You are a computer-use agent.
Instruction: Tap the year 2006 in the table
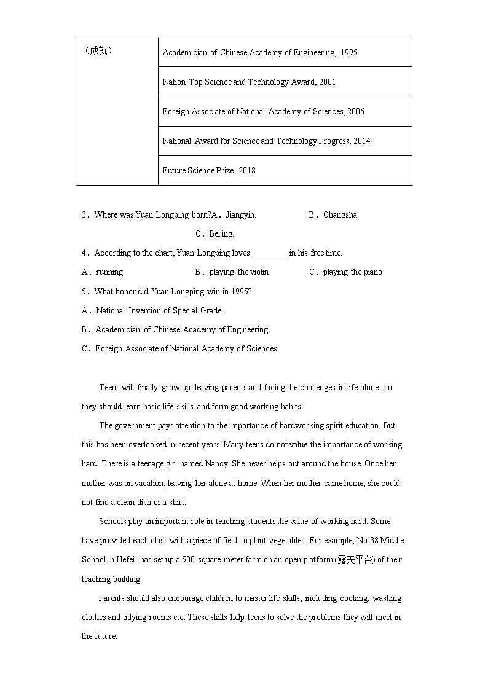click(355, 112)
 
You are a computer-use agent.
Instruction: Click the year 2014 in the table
click(362, 141)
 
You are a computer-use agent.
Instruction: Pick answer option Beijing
click(221, 234)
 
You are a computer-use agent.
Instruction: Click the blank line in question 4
click(270, 253)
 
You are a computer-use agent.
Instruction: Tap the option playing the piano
click(352, 272)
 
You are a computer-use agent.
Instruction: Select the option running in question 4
click(109, 272)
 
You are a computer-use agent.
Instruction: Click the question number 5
click(84, 292)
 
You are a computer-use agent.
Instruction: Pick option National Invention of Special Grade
click(159, 311)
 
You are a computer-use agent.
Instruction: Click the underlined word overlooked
click(147, 445)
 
